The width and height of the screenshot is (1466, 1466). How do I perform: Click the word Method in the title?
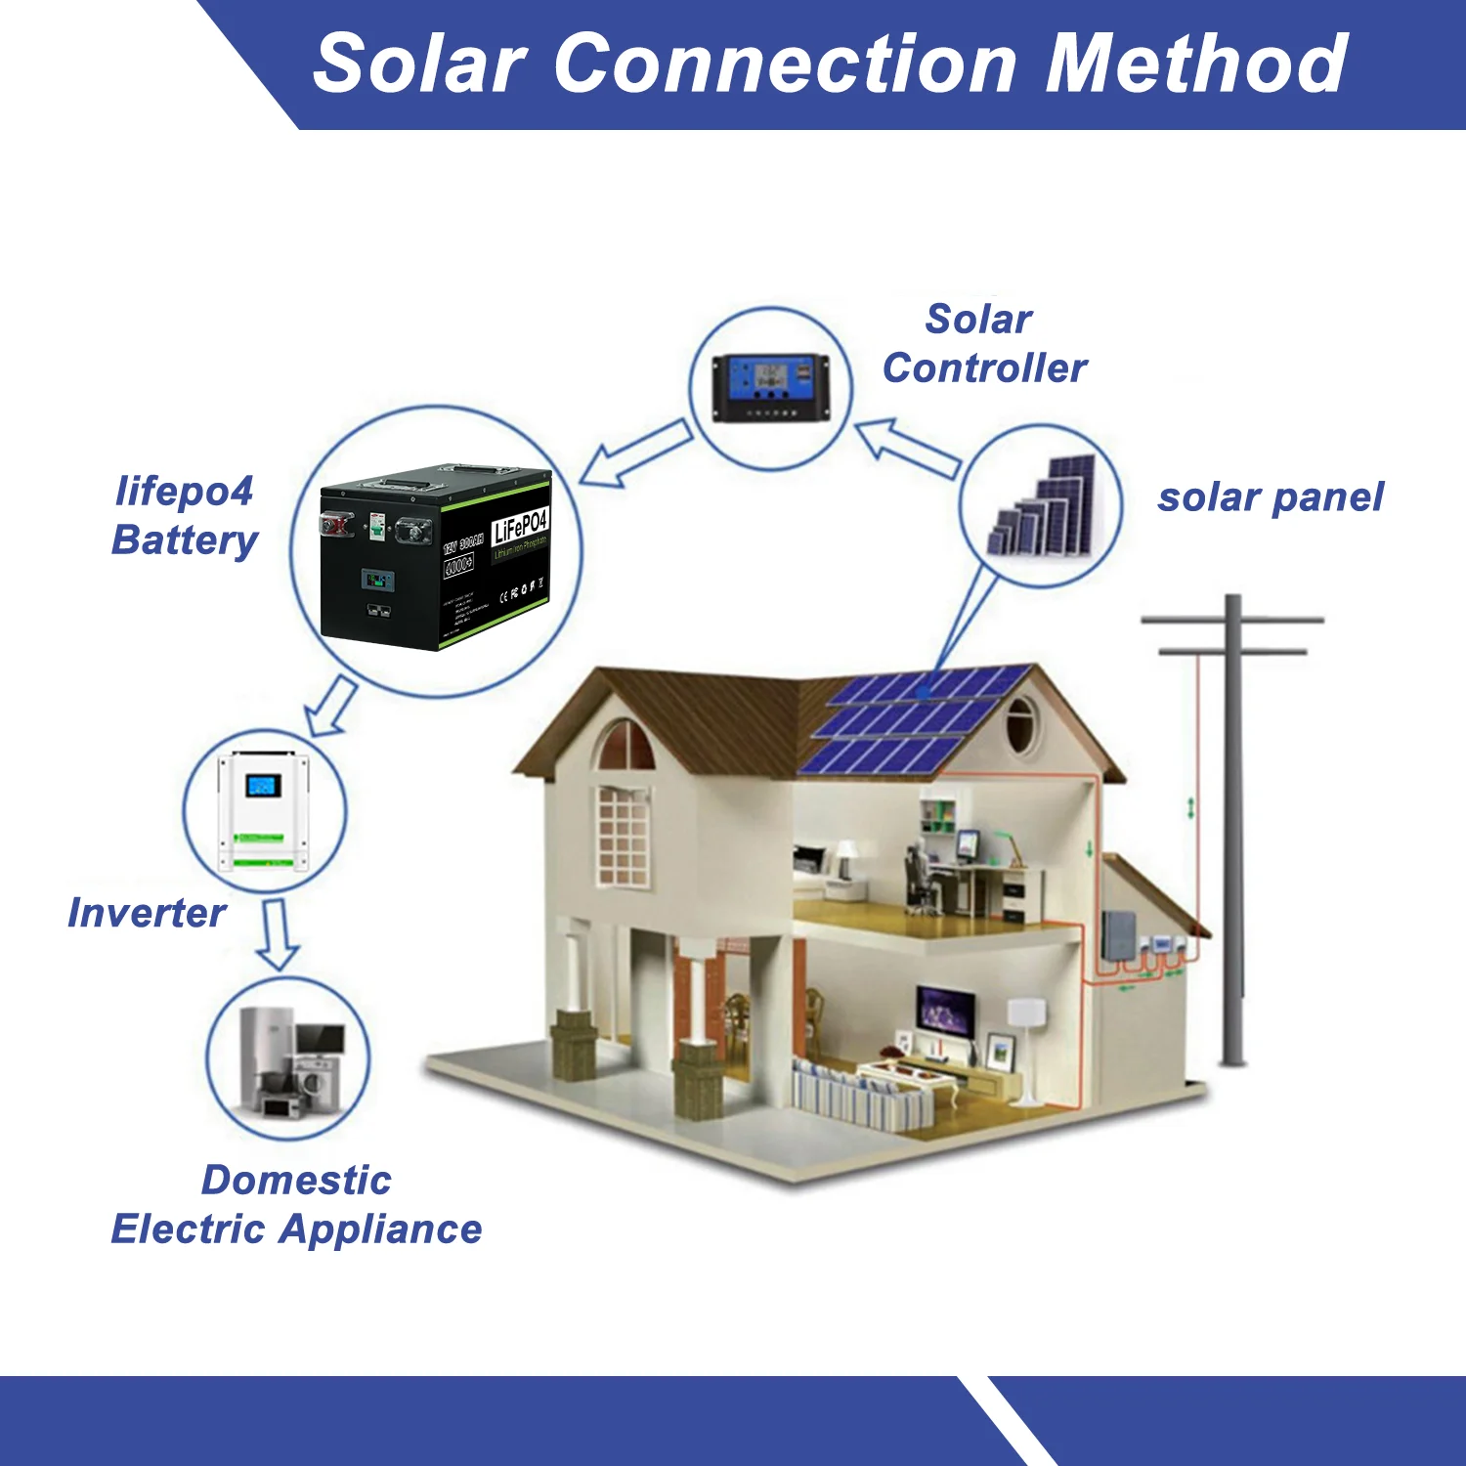(1196, 65)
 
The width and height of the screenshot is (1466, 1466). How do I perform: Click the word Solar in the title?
(420, 65)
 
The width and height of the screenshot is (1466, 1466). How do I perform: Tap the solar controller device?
(770, 388)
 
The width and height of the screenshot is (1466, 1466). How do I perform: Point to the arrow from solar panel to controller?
(907, 448)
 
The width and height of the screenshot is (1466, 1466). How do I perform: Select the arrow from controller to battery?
(635, 453)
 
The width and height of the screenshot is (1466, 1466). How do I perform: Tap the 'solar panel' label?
(1271, 497)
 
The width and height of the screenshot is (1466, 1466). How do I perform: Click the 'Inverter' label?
(147, 913)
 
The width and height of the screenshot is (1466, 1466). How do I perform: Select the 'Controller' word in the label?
(984, 368)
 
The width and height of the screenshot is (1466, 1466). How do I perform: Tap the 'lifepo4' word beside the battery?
(185, 491)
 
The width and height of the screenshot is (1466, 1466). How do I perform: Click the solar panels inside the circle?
(1042, 508)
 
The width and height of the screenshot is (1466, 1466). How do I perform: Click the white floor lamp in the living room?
(1026, 1046)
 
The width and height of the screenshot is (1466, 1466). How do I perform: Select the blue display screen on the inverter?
(263, 785)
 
